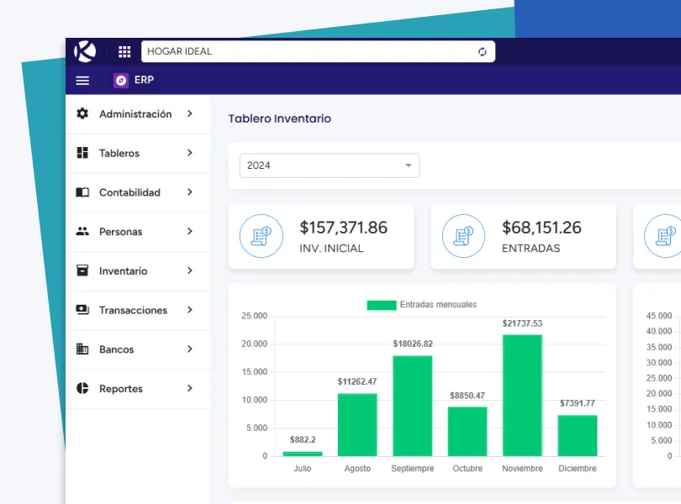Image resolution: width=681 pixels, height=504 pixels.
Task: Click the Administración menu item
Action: pyautogui.click(x=135, y=114)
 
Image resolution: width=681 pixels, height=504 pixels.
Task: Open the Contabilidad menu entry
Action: pyautogui.click(x=129, y=192)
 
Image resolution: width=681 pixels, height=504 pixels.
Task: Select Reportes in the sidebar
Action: pyautogui.click(x=120, y=389)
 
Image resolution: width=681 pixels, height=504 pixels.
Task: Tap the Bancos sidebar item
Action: pyautogui.click(x=116, y=349)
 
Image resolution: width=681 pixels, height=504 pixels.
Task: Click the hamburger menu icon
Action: pyautogui.click(x=82, y=81)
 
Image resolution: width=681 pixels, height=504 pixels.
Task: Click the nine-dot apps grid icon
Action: pyautogui.click(x=124, y=51)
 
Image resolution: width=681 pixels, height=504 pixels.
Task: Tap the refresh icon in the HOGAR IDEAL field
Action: pyautogui.click(x=483, y=52)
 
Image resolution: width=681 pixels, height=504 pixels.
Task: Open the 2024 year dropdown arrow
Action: pyautogui.click(x=409, y=165)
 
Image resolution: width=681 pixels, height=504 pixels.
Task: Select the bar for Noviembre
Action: pyautogui.click(x=522, y=395)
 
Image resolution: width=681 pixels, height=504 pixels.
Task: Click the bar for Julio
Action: pyautogui.click(x=303, y=454)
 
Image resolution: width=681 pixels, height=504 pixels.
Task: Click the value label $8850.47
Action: pyautogui.click(x=467, y=396)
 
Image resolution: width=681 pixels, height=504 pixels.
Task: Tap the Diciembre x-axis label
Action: pyautogui.click(x=577, y=469)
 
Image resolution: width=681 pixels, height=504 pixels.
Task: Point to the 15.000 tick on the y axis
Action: pyautogui.click(x=254, y=372)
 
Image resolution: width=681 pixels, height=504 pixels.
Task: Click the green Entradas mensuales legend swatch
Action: pyautogui.click(x=381, y=305)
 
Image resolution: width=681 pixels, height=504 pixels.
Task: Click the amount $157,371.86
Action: pyautogui.click(x=343, y=228)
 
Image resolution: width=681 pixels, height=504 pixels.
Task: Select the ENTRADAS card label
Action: pyautogui.click(x=531, y=249)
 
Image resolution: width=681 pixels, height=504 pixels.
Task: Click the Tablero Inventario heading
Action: pyautogui.click(x=280, y=119)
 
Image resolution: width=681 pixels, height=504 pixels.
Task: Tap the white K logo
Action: pyautogui.click(x=85, y=51)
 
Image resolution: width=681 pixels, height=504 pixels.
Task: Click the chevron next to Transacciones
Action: pyautogui.click(x=190, y=310)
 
